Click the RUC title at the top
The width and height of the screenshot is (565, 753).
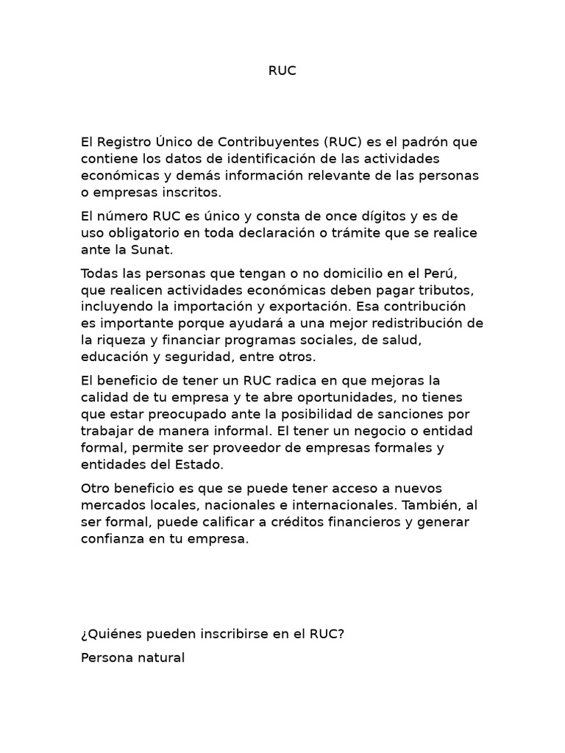tap(282, 71)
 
